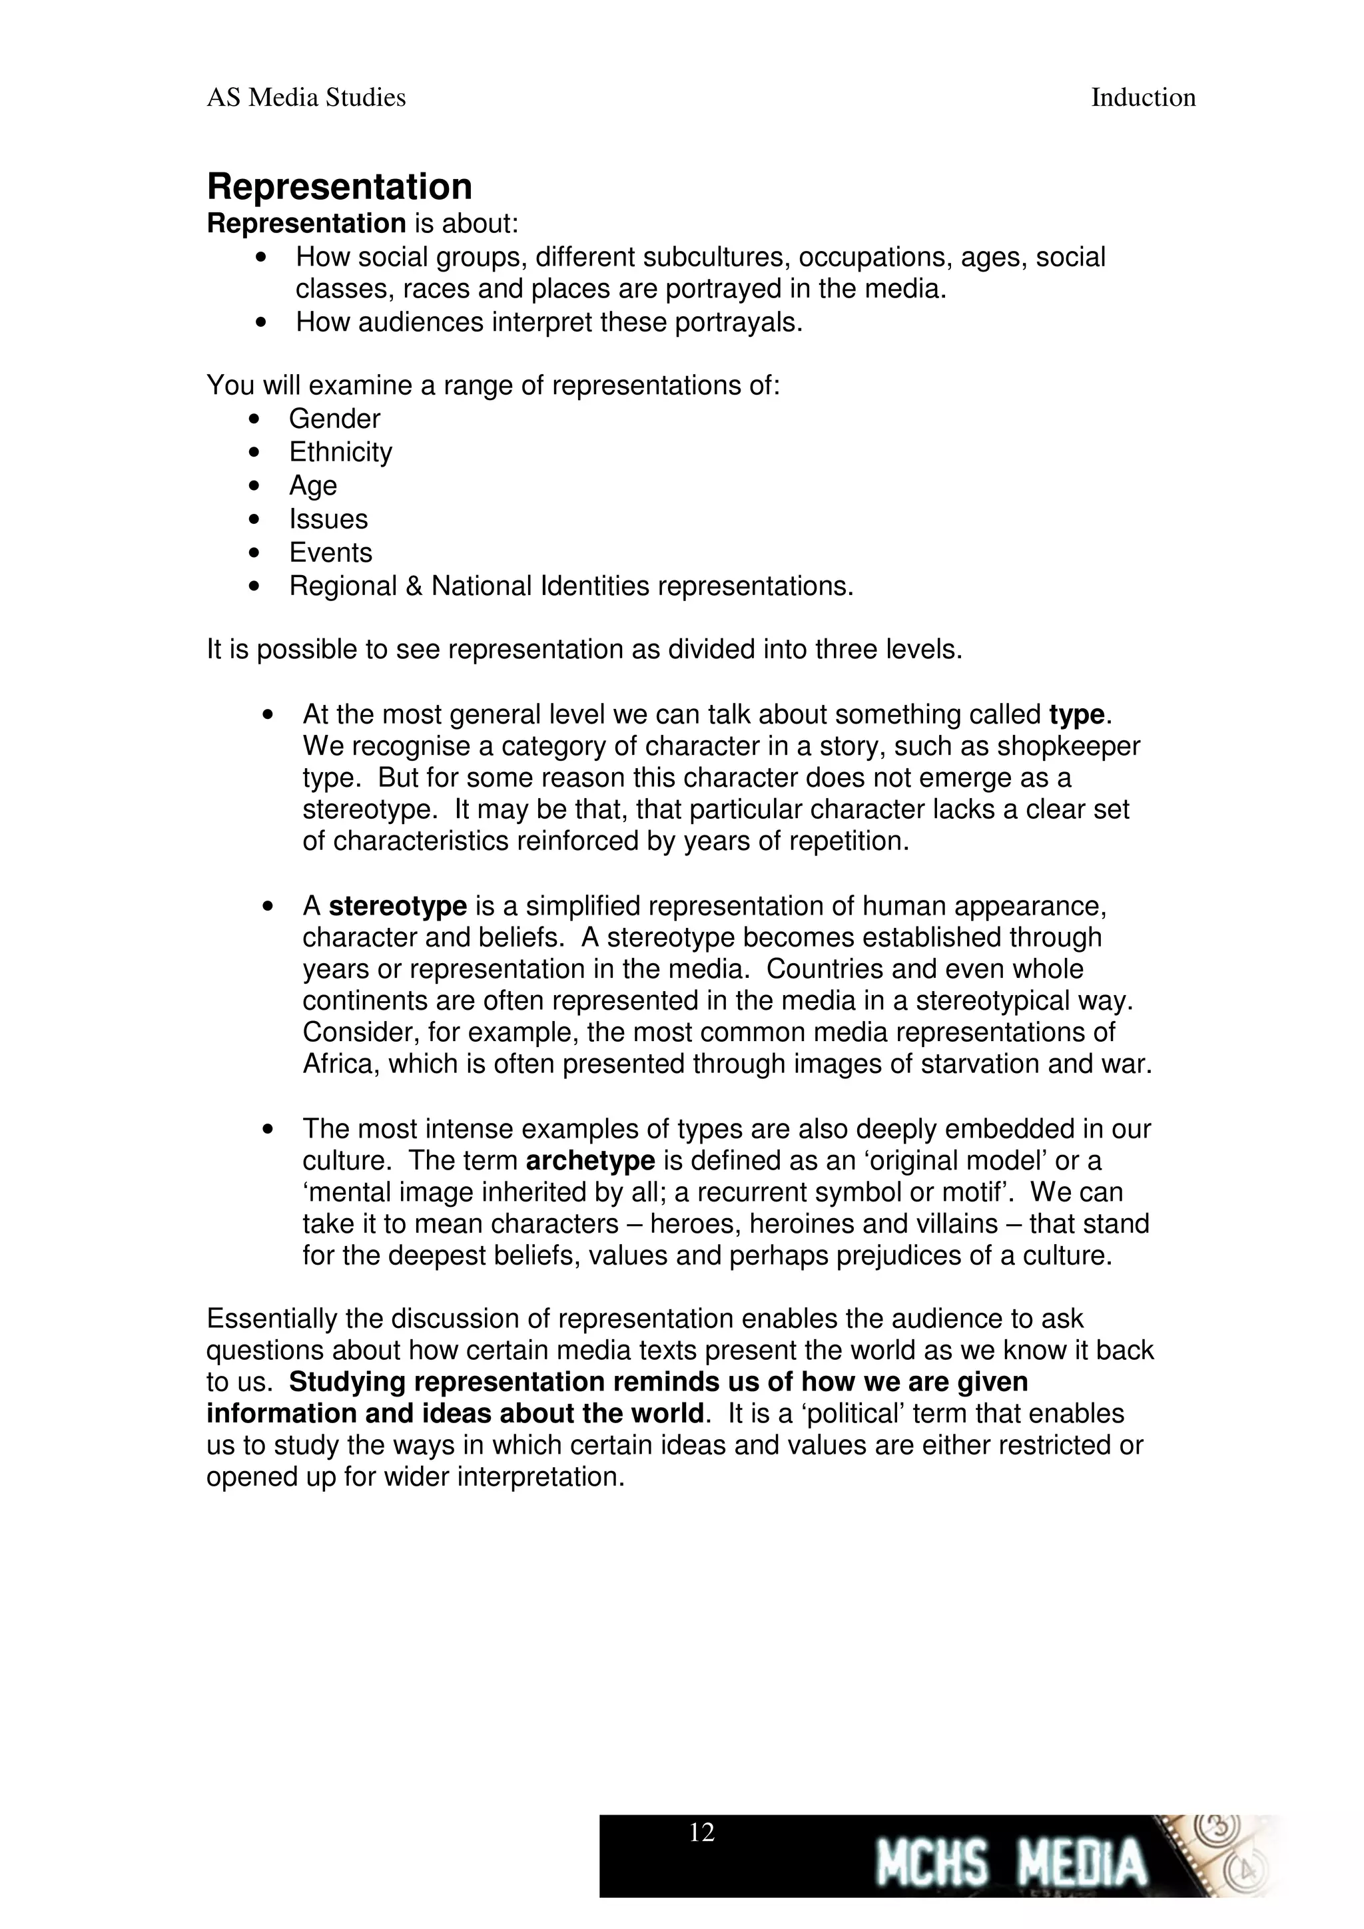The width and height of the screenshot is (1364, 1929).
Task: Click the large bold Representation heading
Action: pyautogui.click(x=339, y=186)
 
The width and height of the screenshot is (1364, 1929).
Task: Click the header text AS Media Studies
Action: pyautogui.click(x=306, y=99)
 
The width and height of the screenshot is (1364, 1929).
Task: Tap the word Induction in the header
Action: pyautogui.click(x=1142, y=99)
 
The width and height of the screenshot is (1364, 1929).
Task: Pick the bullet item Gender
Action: pyautogui.click(x=334, y=419)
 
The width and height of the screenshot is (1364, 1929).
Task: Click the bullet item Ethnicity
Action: pyautogui.click(x=340, y=452)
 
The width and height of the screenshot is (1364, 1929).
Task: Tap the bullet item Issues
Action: pyautogui.click(x=328, y=519)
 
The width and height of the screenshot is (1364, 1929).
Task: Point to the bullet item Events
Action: pyautogui.click(x=330, y=553)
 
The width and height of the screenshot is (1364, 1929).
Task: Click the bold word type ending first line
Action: pyautogui.click(x=1076, y=715)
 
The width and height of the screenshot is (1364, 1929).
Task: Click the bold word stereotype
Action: pyautogui.click(x=398, y=907)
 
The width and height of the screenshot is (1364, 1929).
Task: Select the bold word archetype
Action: pyautogui.click(x=590, y=1161)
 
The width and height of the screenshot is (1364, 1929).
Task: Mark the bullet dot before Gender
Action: pyautogui.click(x=254, y=419)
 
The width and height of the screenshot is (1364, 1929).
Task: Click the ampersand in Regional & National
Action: pyautogui.click(x=414, y=586)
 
